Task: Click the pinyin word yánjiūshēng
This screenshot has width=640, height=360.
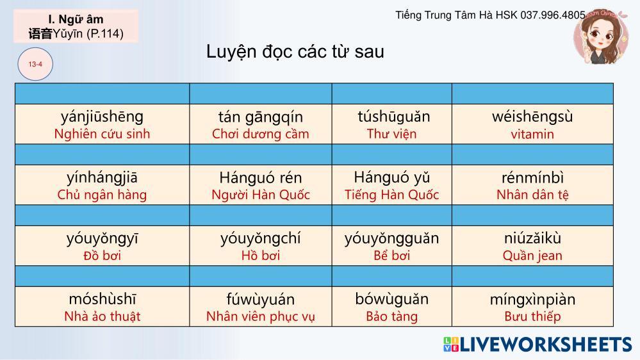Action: (102, 117)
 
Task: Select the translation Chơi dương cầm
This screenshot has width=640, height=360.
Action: (260, 134)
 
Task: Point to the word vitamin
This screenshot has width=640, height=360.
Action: (532, 135)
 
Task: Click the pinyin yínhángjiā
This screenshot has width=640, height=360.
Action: (102, 178)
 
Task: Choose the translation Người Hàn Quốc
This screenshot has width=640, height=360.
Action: (260, 195)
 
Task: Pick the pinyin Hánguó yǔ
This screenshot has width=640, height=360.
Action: (392, 177)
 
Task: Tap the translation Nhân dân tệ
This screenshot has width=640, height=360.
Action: (532, 195)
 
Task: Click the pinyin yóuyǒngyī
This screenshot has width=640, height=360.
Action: (102, 239)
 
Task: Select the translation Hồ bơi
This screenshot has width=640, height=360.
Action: (260, 256)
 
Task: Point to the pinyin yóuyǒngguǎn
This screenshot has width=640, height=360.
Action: (392, 239)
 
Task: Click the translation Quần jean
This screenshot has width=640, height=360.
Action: (532, 256)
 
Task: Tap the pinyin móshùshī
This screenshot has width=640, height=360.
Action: (102, 299)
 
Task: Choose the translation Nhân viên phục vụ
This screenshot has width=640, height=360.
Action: (260, 316)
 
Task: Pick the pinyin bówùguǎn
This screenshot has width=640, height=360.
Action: (392, 299)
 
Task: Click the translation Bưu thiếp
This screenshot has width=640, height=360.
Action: (532, 316)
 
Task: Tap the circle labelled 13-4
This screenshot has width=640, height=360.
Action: (35, 64)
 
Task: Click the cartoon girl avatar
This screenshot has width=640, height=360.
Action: (601, 37)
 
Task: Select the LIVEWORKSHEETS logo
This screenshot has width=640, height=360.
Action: (537, 345)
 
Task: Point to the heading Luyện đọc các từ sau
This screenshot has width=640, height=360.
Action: (295, 52)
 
